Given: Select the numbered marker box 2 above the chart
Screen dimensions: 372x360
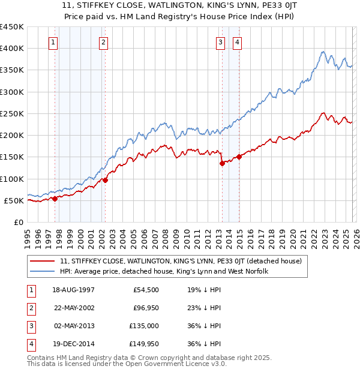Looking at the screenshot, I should coord(104,42).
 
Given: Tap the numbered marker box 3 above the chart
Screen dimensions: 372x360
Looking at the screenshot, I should coord(221,42).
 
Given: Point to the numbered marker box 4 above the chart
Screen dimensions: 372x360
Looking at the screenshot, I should coord(238,42).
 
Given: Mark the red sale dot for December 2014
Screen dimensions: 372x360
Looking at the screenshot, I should coord(239,157).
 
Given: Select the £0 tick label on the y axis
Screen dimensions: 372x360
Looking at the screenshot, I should coord(18,222).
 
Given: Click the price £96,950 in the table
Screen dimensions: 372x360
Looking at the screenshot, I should coord(144,308).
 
